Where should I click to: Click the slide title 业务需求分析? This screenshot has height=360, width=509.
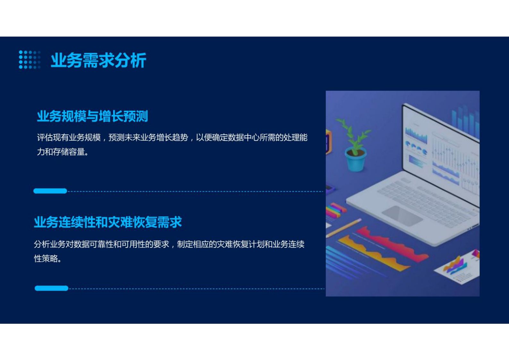(x=98, y=60)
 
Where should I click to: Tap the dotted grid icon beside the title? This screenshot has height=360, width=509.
(x=30, y=60)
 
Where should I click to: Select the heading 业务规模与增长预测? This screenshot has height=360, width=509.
(x=92, y=116)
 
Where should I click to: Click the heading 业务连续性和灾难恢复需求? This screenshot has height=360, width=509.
(x=108, y=222)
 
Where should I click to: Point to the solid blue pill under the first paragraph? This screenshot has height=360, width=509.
(x=50, y=191)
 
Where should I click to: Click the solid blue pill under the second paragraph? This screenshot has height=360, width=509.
(x=51, y=288)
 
